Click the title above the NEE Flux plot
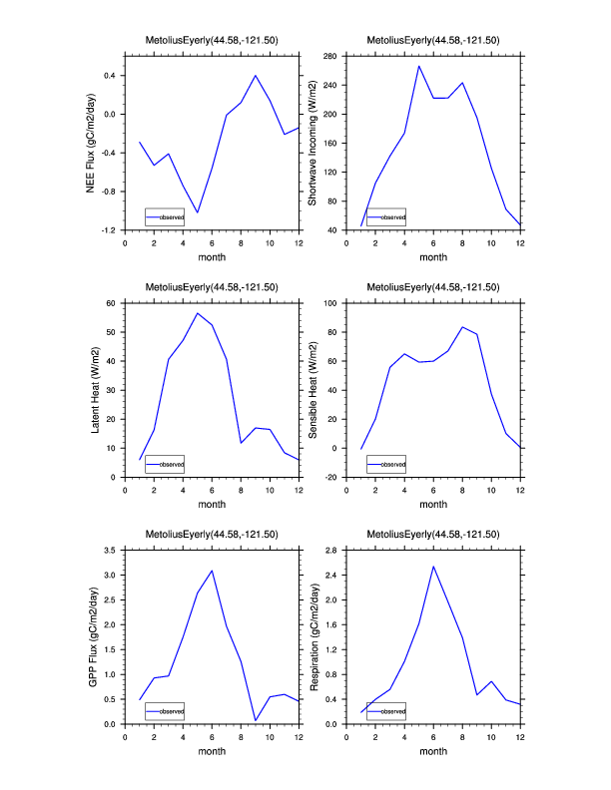212,41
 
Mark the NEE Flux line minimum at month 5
198,212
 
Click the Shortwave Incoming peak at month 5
419,66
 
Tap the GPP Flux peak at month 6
212,571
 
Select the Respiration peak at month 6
433,567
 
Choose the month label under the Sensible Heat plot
433,504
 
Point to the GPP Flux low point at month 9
256,720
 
